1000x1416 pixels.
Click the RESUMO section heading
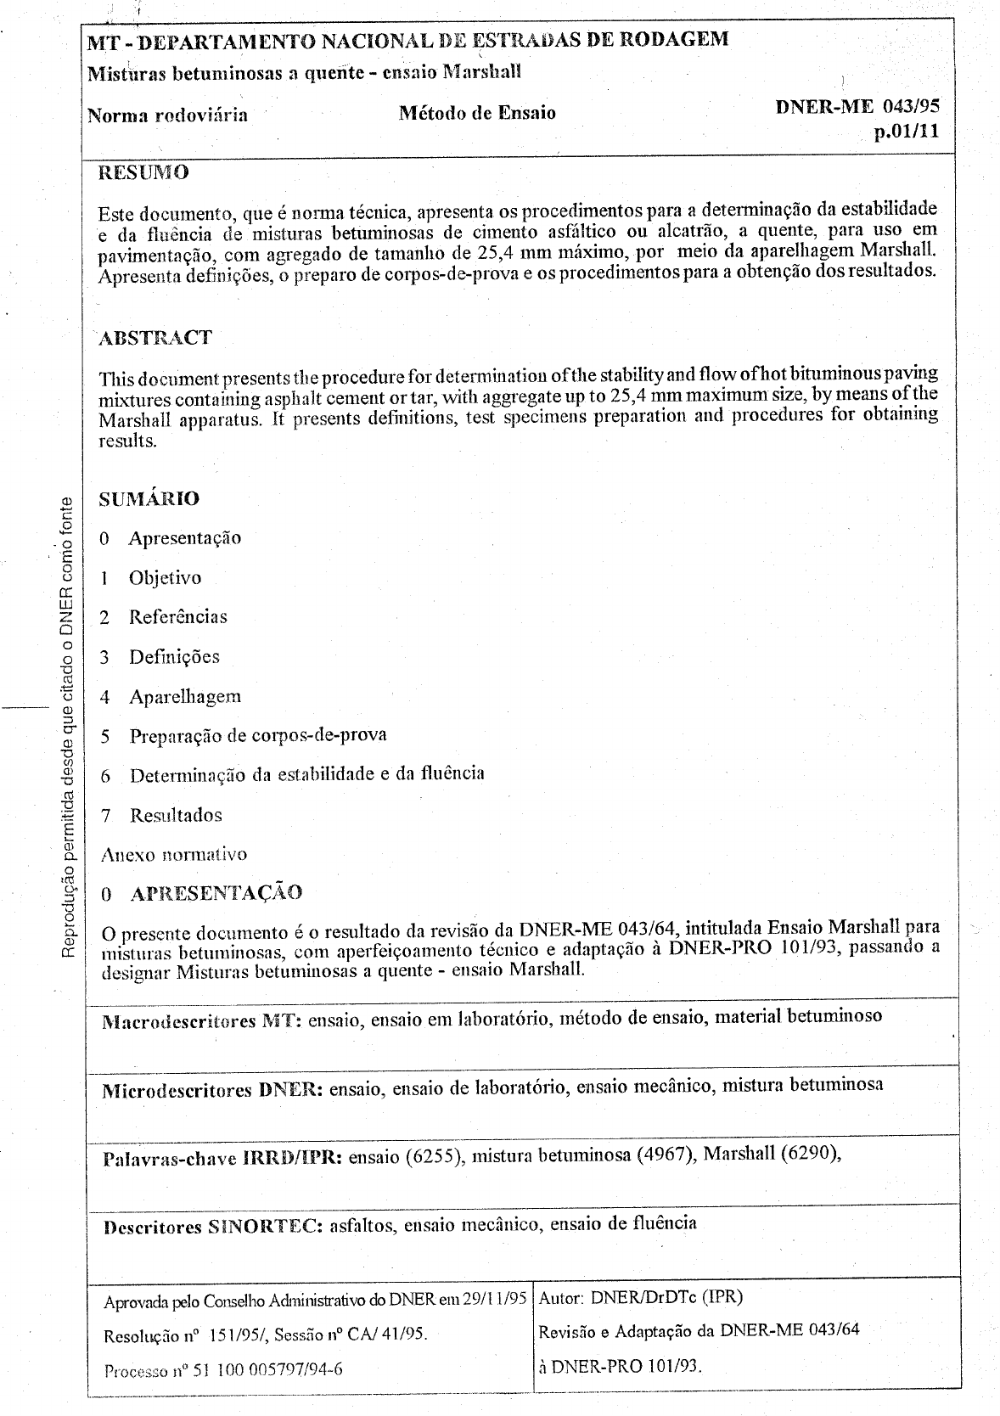point(143,173)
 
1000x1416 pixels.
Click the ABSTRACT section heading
point(155,338)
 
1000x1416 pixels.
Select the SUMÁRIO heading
point(149,498)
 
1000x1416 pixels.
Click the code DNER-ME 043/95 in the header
point(857,106)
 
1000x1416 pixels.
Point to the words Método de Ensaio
point(477,113)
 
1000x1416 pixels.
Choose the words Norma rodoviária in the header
point(168,115)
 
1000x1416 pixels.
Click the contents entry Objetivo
point(165,578)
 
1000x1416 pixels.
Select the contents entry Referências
point(178,617)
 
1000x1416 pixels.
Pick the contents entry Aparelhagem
point(185,697)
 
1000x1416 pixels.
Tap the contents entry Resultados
point(176,816)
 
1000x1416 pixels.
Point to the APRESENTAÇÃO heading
point(216,893)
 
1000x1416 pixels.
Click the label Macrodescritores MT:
point(202,1020)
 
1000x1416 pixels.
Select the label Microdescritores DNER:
point(211,1090)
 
